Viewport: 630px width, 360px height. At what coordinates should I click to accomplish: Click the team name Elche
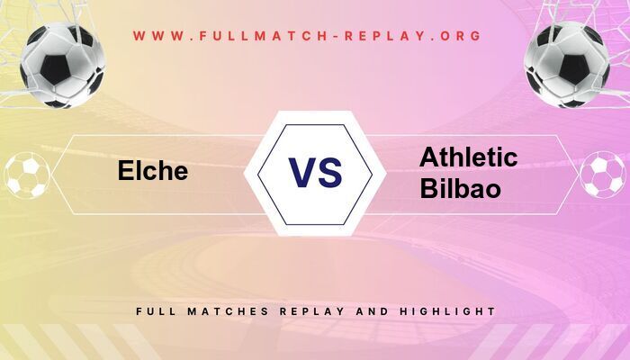pyautogui.click(x=153, y=171)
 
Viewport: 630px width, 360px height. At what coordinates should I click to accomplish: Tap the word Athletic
pyautogui.click(x=468, y=158)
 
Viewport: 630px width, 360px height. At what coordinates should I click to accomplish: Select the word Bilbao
pyautogui.click(x=461, y=189)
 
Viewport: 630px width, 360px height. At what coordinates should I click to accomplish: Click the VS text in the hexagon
pyautogui.click(x=315, y=171)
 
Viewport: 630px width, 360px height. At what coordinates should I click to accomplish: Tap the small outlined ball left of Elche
pyautogui.click(x=27, y=175)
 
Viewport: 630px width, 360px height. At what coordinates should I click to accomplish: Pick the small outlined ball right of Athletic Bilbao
pyautogui.click(x=602, y=175)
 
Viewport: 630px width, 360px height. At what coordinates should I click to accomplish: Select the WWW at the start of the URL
pyautogui.click(x=155, y=36)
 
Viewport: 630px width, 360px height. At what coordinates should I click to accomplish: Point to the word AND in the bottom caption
pyautogui.click(x=376, y=310)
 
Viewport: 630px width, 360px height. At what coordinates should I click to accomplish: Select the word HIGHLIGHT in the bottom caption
pyautogui.click(x=451, y=310)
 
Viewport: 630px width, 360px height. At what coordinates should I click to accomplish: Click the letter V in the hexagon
pyautogui.click(x=301, y=171)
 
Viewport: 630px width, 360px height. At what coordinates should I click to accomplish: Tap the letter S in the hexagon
pyautogui.click(x=330, y=171)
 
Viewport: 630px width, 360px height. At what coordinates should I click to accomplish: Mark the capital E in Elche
pyautogui.click(x=126, y=171)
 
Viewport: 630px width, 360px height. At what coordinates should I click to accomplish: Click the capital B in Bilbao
pyautogui.click(x=427, y=189)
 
